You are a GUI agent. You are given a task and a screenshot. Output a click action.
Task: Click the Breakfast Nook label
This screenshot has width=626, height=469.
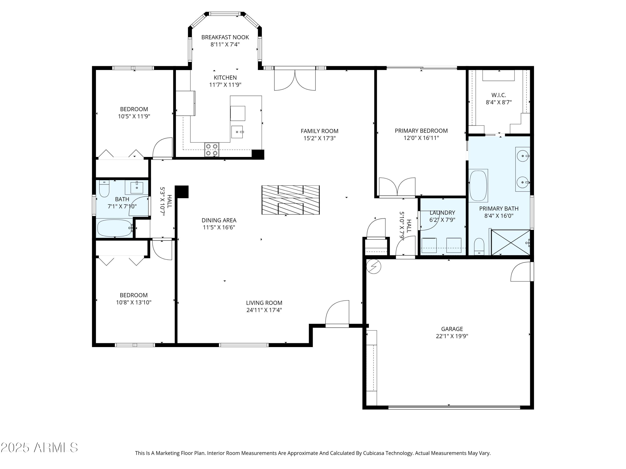[x=225, y=37]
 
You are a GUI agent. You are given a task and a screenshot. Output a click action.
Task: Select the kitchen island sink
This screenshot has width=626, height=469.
[x=237, y=132]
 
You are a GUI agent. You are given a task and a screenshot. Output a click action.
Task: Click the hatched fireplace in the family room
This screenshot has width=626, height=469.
[x=291, y=200]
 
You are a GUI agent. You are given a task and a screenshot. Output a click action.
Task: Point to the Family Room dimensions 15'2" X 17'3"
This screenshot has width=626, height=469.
[x=319, y=138]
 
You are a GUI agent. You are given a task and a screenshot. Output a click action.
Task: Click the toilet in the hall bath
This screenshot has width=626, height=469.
[x=104, y=189]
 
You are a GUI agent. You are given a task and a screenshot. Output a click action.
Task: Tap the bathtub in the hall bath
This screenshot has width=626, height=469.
[x=115, y=228]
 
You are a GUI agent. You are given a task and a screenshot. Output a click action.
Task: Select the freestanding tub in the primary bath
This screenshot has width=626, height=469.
[x=478, y=186]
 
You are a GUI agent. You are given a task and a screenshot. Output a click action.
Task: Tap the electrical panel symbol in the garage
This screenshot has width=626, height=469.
[x=374, y=266]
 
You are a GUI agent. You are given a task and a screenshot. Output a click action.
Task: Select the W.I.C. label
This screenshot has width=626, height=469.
[x=499, y=95]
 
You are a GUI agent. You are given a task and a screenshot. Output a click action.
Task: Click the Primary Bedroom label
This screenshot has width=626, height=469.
[x=421, y=131]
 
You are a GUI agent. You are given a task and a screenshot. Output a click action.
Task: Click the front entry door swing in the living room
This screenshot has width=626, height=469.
[x=337, y=314]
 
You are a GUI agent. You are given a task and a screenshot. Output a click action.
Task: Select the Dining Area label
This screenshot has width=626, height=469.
[x=219, y=220]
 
